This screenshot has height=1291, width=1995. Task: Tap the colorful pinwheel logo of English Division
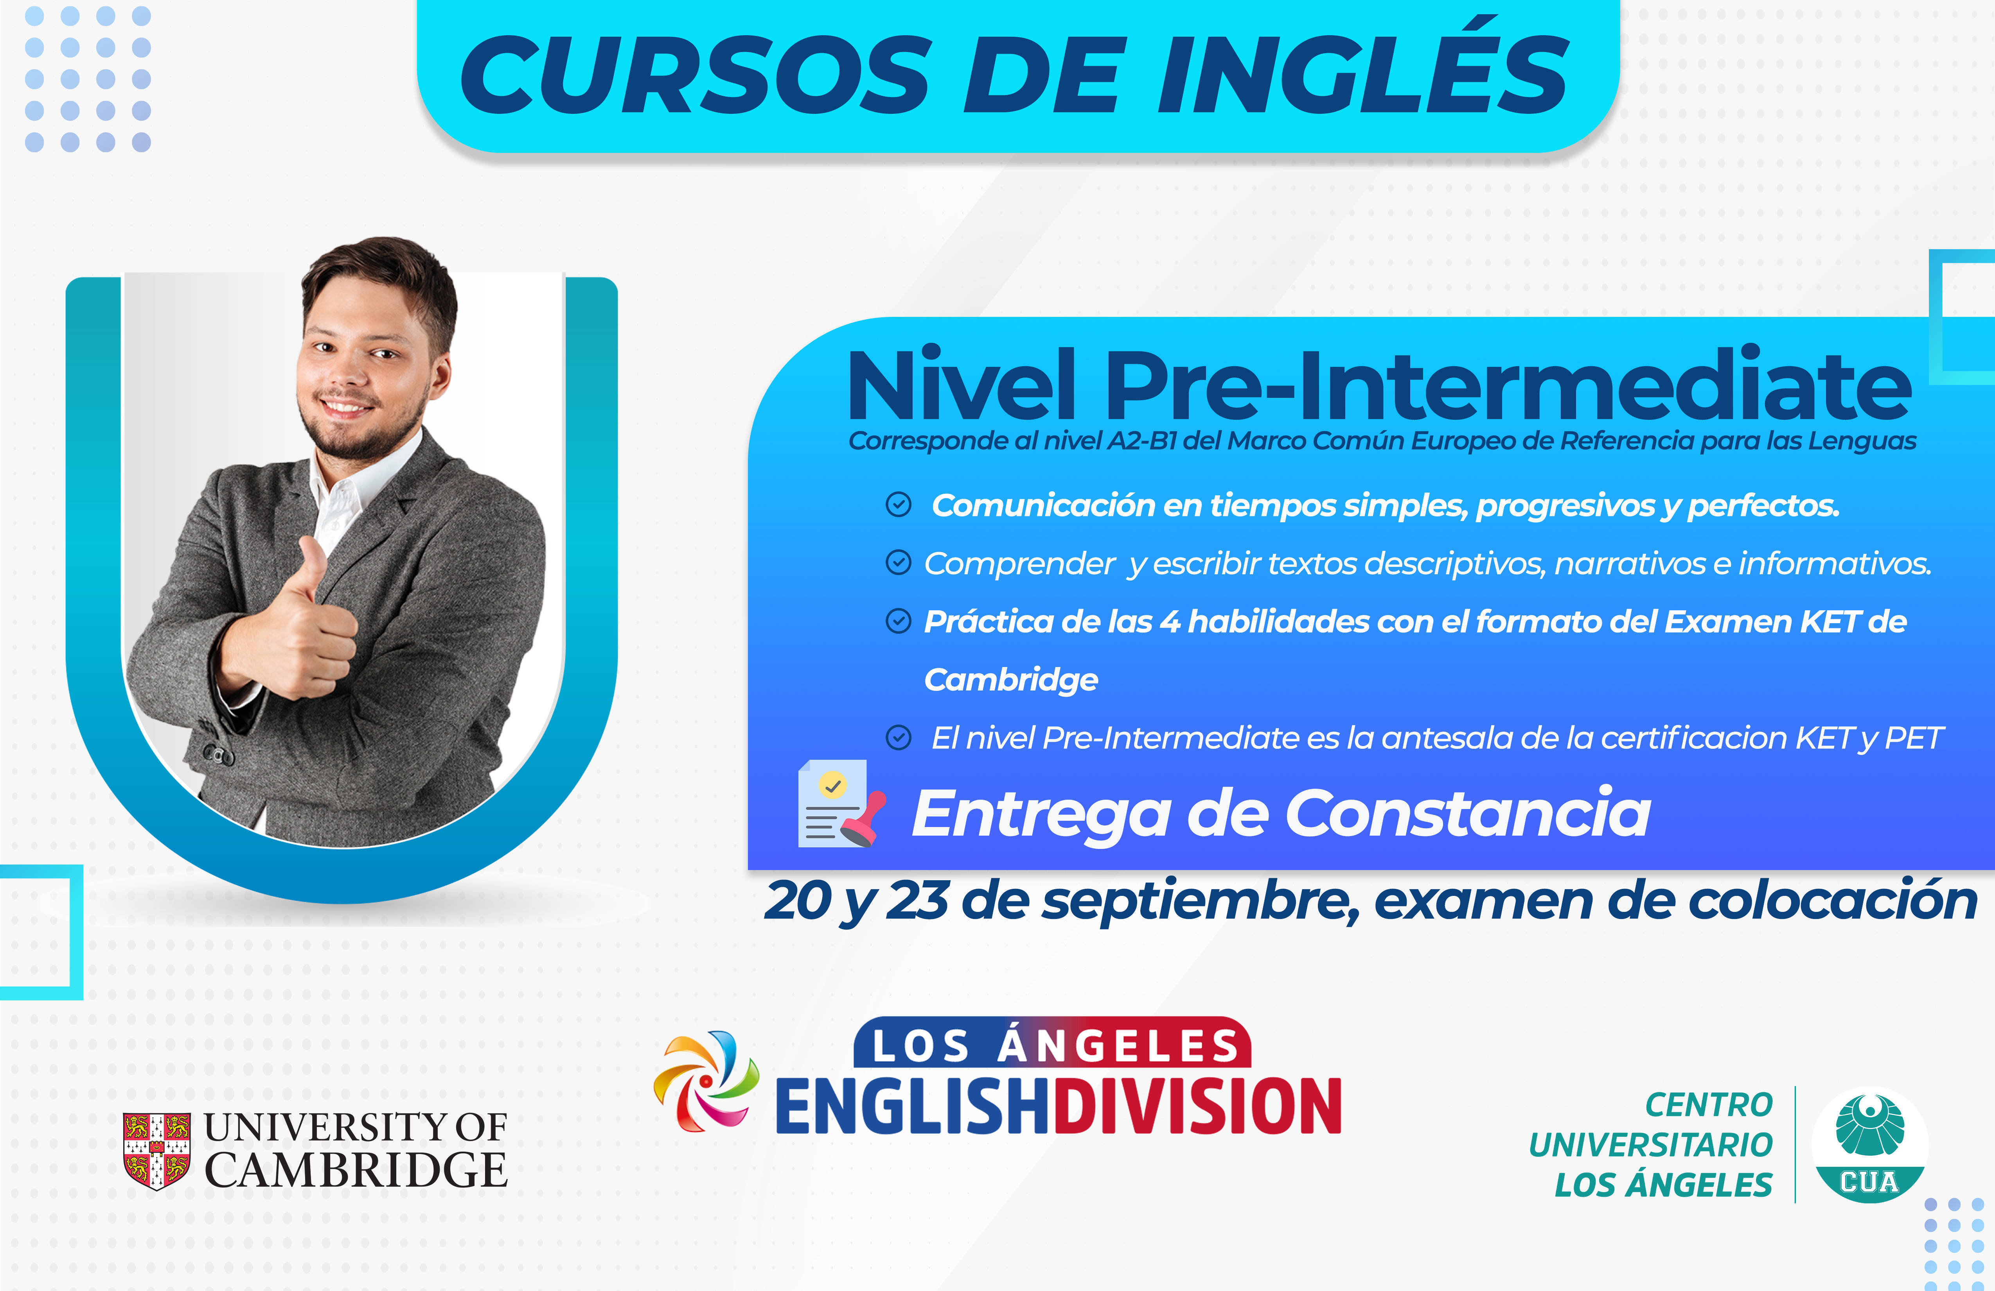tap(706, 1081)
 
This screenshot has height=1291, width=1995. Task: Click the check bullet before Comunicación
tap(899, 505)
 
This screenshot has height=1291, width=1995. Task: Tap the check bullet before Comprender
tap(899, 563)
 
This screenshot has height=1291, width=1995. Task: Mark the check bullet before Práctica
tap(899, 621)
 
